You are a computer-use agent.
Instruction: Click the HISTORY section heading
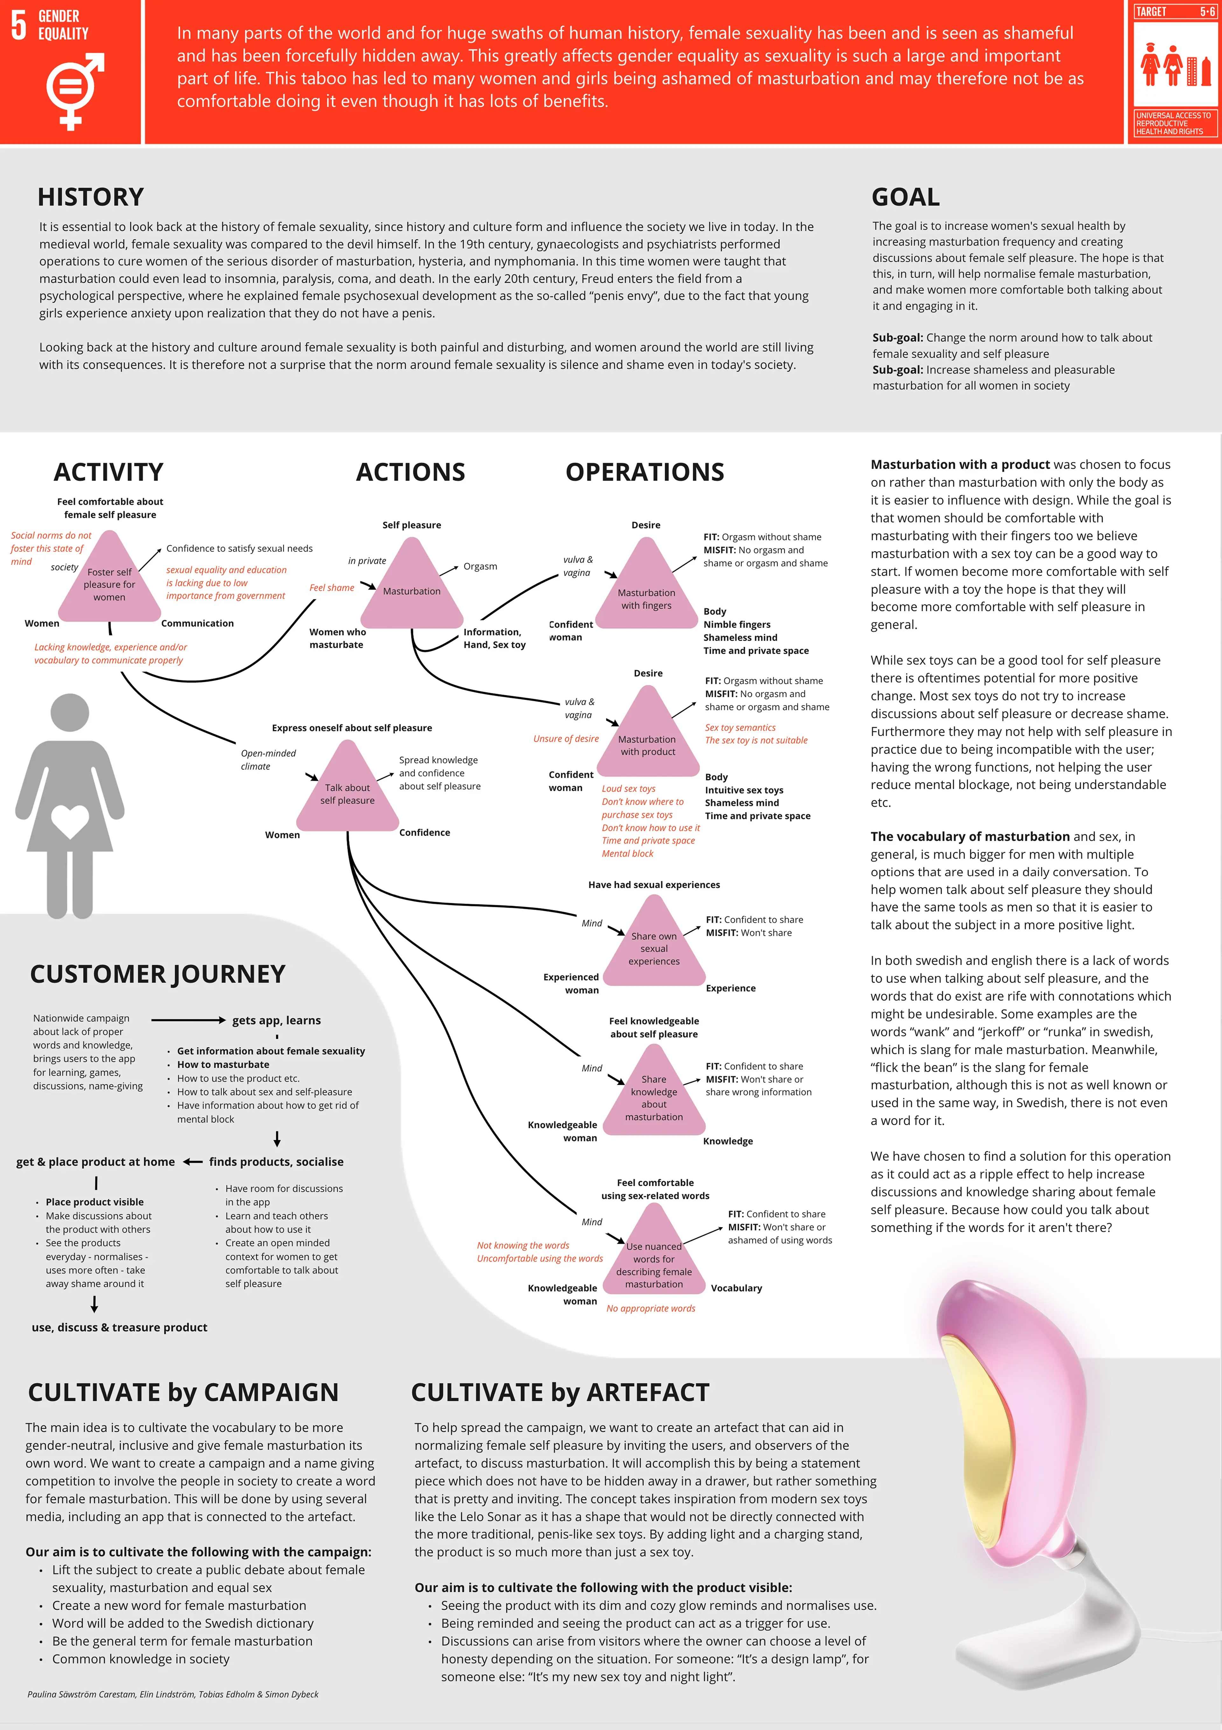pyautogui.click(x=90, y=197)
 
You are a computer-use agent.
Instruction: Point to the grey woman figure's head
pyautogui.click(x=70, y=712)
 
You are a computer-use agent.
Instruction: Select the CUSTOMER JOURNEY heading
pyautogui.click(x=158, y=974)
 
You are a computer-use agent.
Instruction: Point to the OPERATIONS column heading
pyautogui.click(x=645, y=473)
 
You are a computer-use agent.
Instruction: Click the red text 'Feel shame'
pyautogui.click(x=332, y=588)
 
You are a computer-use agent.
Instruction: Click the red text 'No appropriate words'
pyautogui.click(x=651, y=1309)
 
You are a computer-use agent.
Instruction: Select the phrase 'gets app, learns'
pyautogui.click(x=277, y=1020)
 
